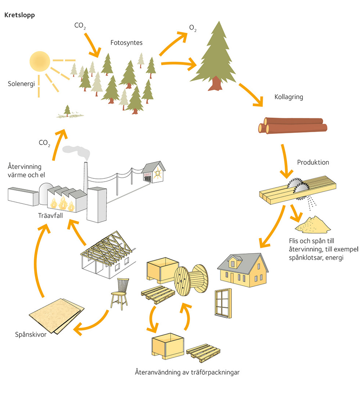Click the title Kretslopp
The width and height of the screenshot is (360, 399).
[x=19, y=15]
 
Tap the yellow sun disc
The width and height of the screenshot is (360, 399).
[x=39, y=61]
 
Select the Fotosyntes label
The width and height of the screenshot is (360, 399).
[x=126, y=43]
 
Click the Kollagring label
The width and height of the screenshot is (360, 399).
[x=289, y=97]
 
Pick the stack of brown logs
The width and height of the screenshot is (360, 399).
[x=293, y=125]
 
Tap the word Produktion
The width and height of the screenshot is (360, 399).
[x=313, y=162]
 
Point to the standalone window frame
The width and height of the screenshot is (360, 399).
[x=223, y=303]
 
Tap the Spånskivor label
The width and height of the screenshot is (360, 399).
[x=31, y=334]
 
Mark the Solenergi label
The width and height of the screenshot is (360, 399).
[x=21, y=84]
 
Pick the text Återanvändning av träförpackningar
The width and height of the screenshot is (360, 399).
[x=187, y=372]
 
